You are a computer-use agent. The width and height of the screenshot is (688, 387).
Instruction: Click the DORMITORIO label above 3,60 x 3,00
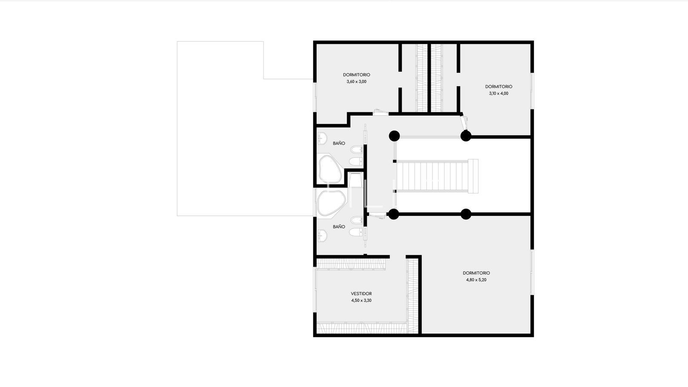coord(356,75)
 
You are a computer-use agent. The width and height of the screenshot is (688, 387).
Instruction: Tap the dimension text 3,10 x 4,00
coord(498,93)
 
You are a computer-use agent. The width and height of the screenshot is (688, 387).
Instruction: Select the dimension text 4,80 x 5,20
coord(476,280)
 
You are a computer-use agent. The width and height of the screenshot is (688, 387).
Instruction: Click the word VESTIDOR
coord(361,294)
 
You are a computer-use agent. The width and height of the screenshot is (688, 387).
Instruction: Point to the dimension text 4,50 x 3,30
coord(361,301)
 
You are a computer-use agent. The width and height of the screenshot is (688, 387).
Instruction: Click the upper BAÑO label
coord(339,143)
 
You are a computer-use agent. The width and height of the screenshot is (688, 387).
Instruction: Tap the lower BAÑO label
coord(339,227)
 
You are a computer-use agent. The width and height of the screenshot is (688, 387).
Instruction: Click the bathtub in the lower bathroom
coord(331,203)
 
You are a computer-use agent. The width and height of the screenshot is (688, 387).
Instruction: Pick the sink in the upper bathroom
coord(322,138)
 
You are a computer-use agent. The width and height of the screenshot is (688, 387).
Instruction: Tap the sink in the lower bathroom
coord(322,236)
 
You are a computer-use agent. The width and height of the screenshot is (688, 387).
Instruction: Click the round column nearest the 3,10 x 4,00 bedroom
coord(466,136)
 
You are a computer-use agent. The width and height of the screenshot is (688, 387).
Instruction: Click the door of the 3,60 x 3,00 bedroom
coord(380,112)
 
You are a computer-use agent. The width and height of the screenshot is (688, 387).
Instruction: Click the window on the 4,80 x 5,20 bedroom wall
coord(532,272)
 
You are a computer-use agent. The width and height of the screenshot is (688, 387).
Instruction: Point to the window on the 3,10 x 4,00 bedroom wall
coord(532,91)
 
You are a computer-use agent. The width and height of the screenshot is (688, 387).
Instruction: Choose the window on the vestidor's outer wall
coord(315,290)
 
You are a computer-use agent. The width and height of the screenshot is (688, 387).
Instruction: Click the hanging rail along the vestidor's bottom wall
coord(362,327)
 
